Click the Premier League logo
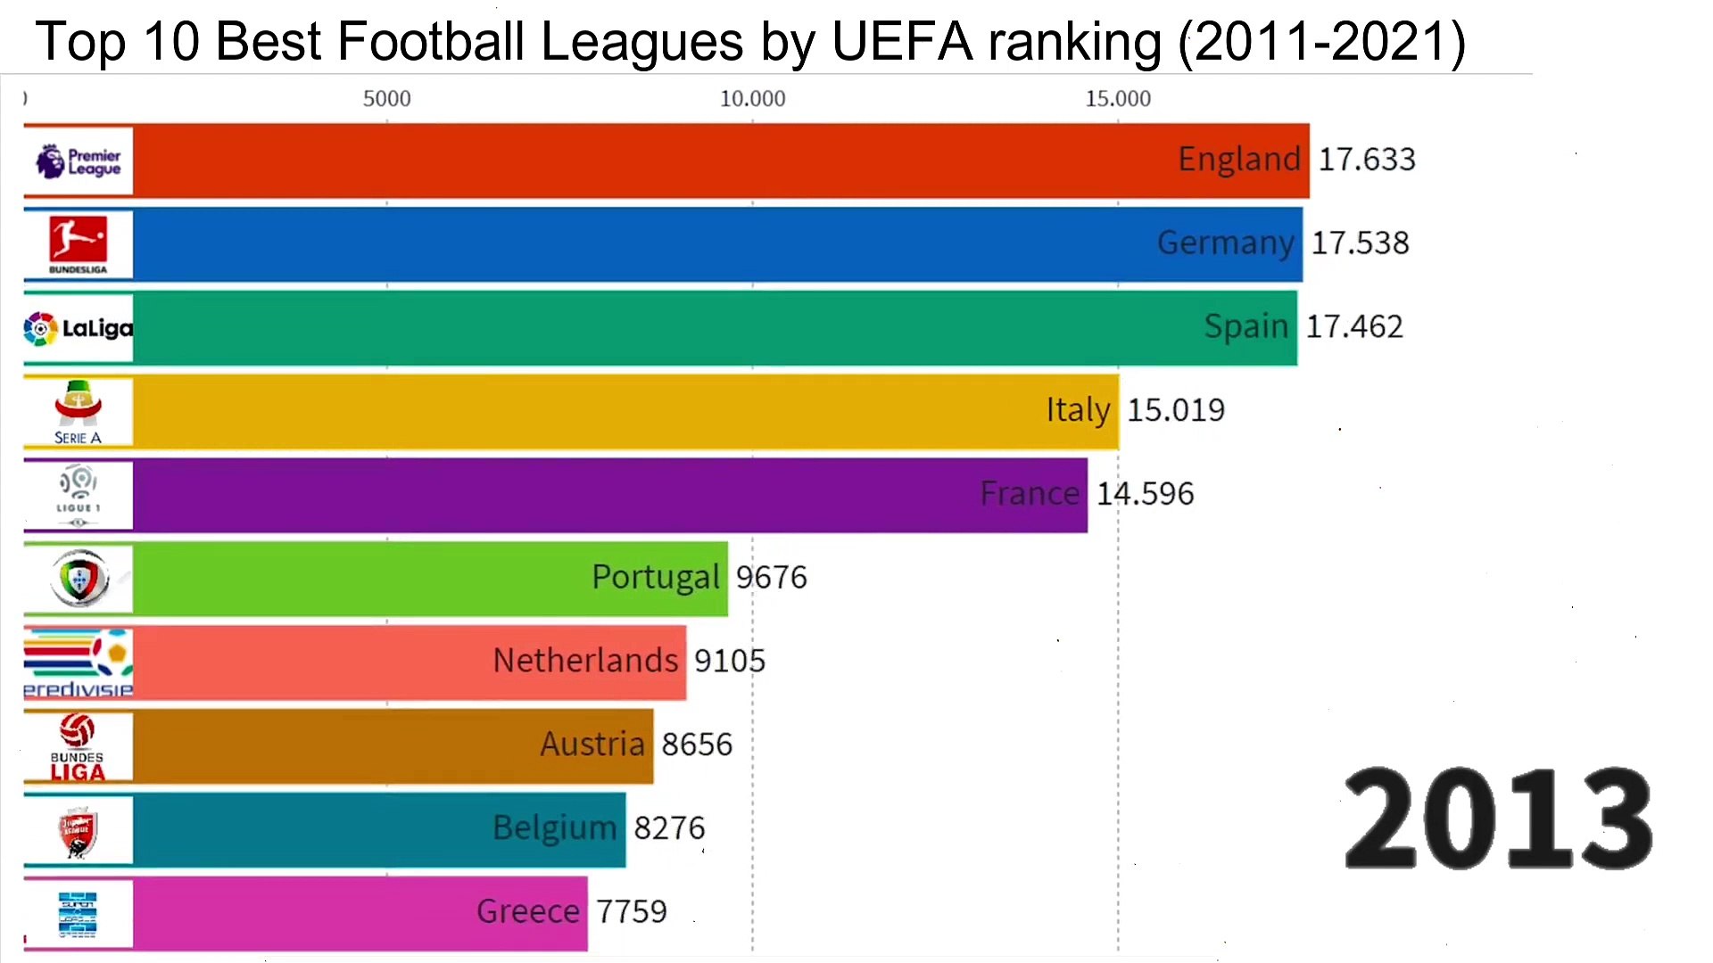[79, 161]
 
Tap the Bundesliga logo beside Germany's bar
[79, 244]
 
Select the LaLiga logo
[79, 329]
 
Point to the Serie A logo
[79, 412]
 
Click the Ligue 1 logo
[79, 496]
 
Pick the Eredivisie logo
[79, 663]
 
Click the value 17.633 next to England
[1367, 160]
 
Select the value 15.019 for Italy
[1176, 410]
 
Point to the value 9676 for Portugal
[771, 578]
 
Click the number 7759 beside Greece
[632, 911]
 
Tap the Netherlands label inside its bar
[585, 661]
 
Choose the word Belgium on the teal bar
[554, 828]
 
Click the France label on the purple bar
[1030, 494]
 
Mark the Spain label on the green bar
[1245, 326]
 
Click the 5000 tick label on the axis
[386, 99]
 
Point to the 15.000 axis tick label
[1118, 99]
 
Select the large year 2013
[1498, 819]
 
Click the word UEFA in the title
[902, 42]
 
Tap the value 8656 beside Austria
[697, 745]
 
